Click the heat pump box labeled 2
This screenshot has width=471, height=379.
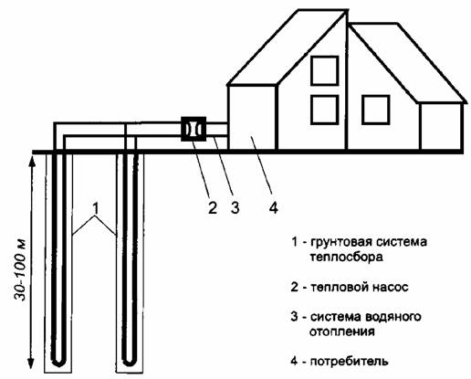(x=194, y=129)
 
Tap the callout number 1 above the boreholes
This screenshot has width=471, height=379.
(x=96, y=208)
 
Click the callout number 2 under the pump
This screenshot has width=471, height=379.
(x=213, y=207)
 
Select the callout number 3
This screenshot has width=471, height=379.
(x=235, y=207)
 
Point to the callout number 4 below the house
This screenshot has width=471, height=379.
(x=274, y=207)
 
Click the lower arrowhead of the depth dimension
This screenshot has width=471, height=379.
(x=30, y=363)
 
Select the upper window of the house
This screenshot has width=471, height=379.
(x=325, y=70)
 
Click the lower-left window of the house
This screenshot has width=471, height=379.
(x=325, y=110)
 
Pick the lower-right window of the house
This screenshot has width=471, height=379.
(x=376, y=110)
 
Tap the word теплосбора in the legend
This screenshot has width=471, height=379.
(x=347, y=258)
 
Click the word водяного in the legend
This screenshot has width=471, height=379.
(x=392, y=317)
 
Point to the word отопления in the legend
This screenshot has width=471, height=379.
(x=342, y=332)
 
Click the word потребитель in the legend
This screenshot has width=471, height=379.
(x=349, y=362)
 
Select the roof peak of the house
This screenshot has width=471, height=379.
(x=346, y=11)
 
